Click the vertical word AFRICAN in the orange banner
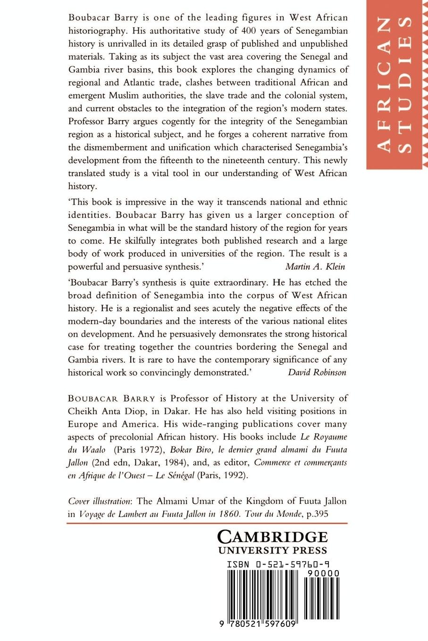pos(385,85)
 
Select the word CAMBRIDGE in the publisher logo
pos(272,537)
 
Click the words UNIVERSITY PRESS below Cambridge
pos(272,550)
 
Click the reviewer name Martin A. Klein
pos(315,266)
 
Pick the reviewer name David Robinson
pos(317,372)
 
